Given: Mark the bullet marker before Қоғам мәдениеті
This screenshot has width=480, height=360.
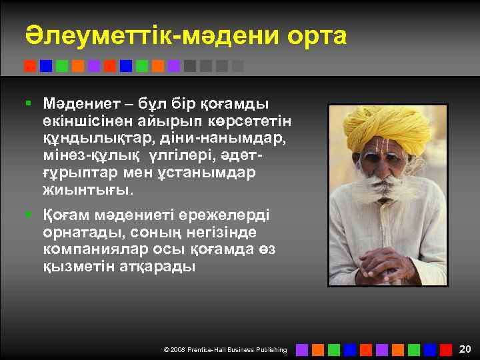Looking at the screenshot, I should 28,216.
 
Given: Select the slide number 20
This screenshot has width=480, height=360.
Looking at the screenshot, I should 465,349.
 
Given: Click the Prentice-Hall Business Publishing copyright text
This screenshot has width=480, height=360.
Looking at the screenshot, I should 225,349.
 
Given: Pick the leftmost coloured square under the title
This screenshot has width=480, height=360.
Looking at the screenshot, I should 30,66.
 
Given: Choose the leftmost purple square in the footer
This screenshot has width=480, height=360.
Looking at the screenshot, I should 302,349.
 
